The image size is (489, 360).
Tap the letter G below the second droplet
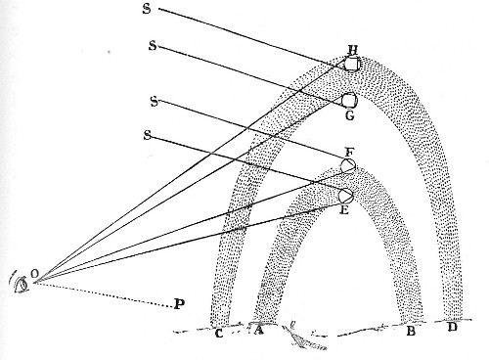(x=349, y=116)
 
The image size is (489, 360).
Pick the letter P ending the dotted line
(x=179, y=305)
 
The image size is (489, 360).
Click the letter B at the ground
(x=412, y=334)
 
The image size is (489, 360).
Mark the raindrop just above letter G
(x=348, y=100)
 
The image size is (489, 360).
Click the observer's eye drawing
(x=19, y=284)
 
